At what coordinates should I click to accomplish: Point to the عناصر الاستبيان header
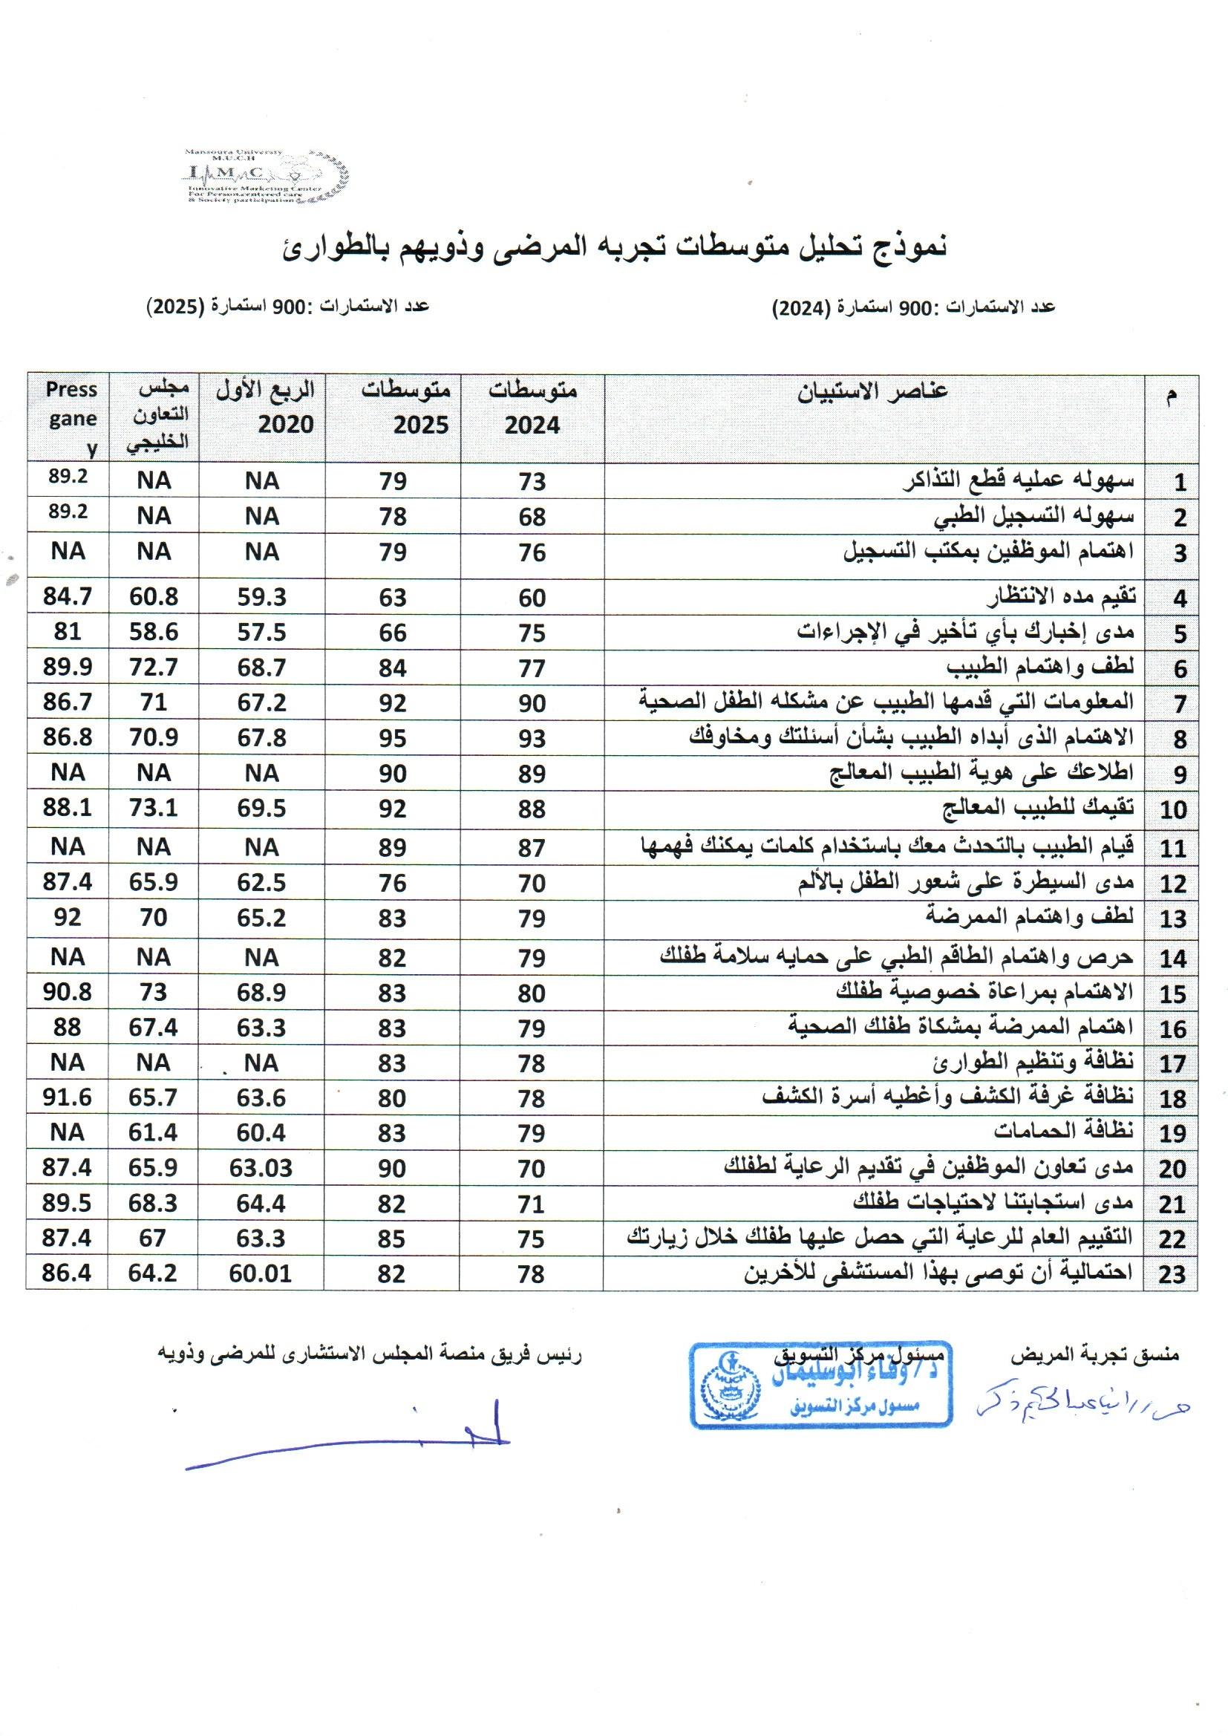pyautogui.click(x=873, y=391)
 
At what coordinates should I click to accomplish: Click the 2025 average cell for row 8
pyautogui.click(x=393, y=738)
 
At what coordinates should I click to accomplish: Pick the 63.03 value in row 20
pyautogui.click(x=261, y=1168)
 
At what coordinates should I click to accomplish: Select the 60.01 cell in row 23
pyautogui.click(x=261, y=1273)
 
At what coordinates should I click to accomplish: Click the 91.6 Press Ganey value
pyautogui.click(x=68, y=1097)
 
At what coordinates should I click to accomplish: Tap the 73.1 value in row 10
pyautogui.click(x=154, y=809)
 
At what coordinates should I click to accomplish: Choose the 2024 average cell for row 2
pyautogui.click(x=532, y=518)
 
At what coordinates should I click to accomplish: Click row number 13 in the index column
pyautogui.click(x=1172, y=919)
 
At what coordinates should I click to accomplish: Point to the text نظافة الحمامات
pyautogui.click(x=1063, y=1132)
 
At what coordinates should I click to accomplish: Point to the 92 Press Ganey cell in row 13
pyautogui.click(x=68, y=917)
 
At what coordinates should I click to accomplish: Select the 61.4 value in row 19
pyautogui.click(x=154, y=1132)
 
